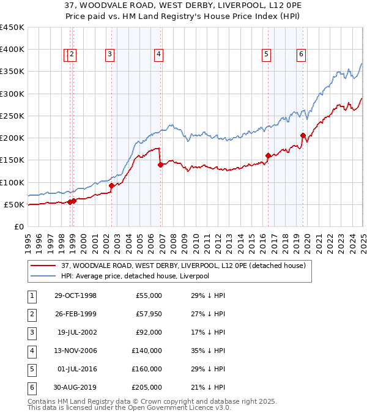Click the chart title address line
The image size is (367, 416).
[x=183, y=7]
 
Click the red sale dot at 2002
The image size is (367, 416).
[x=111, y=185]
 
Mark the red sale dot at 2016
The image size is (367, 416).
[x=268, y=155]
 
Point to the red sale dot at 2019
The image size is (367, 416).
[x=303, y=135]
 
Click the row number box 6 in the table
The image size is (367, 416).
[x=31, y=388]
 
